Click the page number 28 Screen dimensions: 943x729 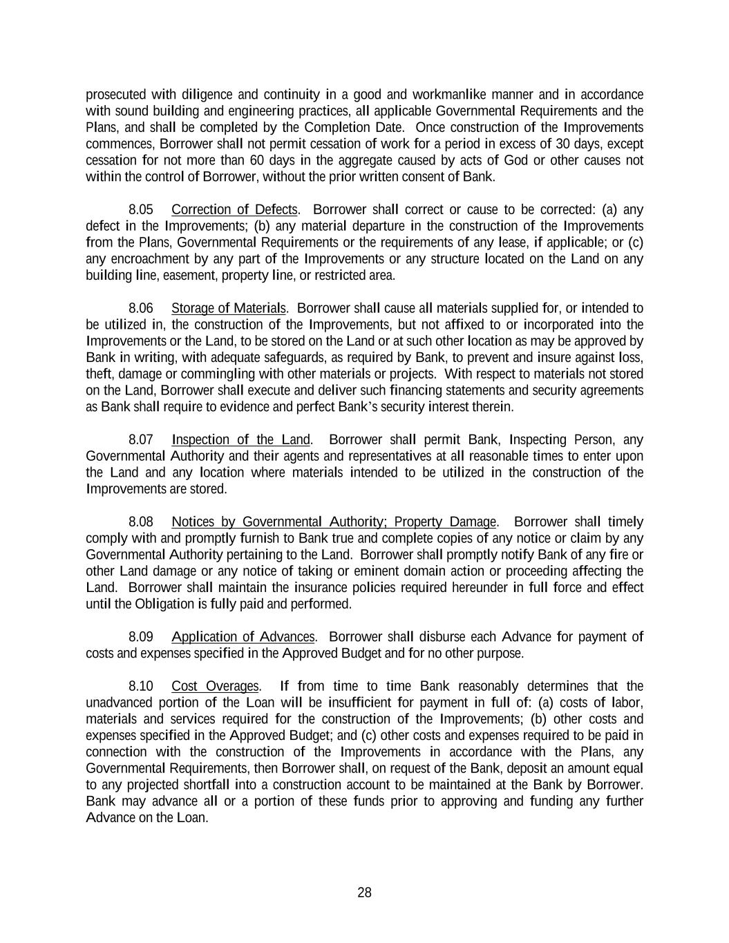(x=364, y=893)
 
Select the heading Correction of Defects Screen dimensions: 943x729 (x=235, y=209)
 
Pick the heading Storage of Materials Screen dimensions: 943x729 (x=229, y=308)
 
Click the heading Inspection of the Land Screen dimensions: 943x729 (x=241, y=440)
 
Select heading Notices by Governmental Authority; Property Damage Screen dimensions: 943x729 (x=334, y=522)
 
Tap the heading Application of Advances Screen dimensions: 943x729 (x=243, y=637)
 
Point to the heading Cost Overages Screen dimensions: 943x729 (x=215, y=687)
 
